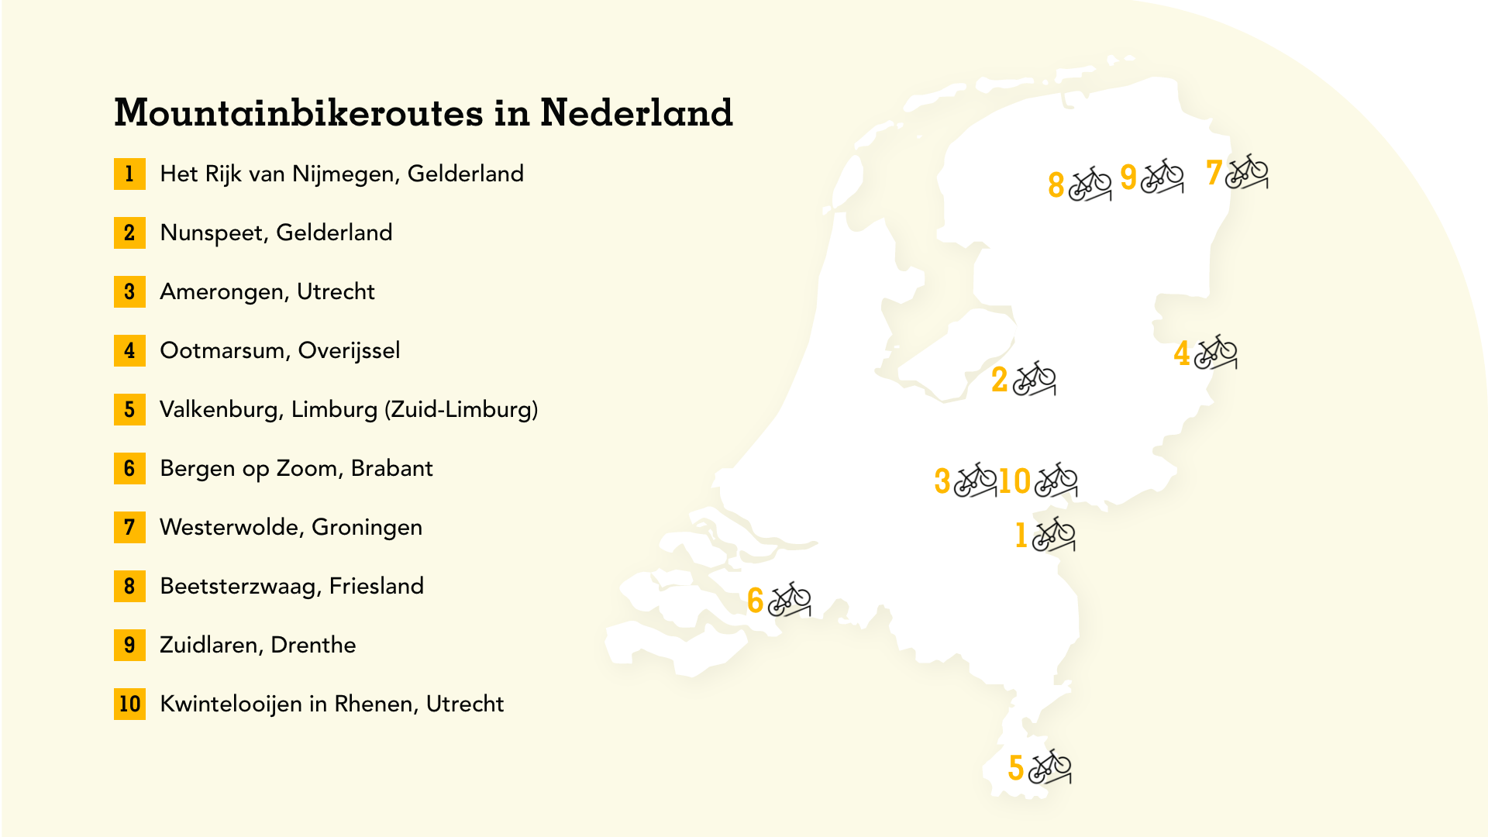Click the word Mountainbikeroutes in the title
299,113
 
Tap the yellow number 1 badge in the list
129,174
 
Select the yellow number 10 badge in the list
129,704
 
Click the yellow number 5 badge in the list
129,409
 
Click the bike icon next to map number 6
790,599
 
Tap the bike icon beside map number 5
1050,766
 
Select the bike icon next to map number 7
1246,171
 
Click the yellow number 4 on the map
1182,353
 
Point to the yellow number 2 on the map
1000,380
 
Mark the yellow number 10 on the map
1014,481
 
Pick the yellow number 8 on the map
1056,185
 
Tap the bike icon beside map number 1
1054,534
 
